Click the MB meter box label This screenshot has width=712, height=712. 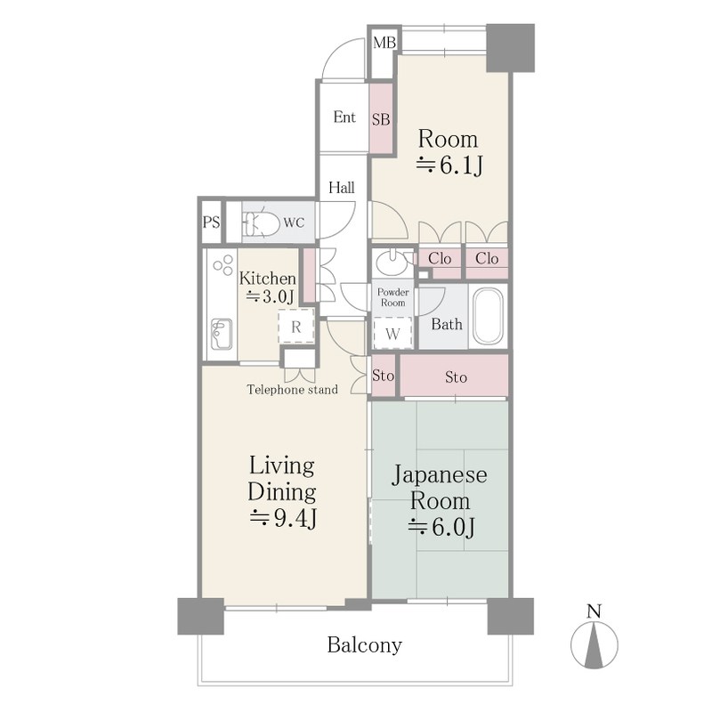[x=384, y=43]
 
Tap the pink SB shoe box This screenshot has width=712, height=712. [x=381, y=118]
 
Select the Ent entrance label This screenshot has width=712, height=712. [x=344, y=117]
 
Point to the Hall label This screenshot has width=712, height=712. [x=342, y=187]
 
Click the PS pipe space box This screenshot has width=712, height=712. [x=211, y=222]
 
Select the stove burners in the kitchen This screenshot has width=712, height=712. [x=223, y=264]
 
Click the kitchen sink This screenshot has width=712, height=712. [x=222, y=334]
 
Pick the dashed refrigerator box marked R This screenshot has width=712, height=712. [x=296, y=326]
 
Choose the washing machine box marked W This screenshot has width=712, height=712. [x=392, y=333]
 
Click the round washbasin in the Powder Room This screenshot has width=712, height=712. [x=392, y=263]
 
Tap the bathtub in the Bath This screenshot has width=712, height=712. [x=488, y=317]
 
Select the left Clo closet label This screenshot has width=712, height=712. [x=440, y=258]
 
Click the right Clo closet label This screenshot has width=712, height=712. [x=487, y=258]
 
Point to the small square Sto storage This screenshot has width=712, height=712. [x=384, y=376]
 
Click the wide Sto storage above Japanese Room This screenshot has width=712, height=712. [x=454, y=376]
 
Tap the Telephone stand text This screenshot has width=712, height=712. [x=293, y=389]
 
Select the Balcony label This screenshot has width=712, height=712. [x=365, y=645]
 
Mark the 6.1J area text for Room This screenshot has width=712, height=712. [x=449, y=166]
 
